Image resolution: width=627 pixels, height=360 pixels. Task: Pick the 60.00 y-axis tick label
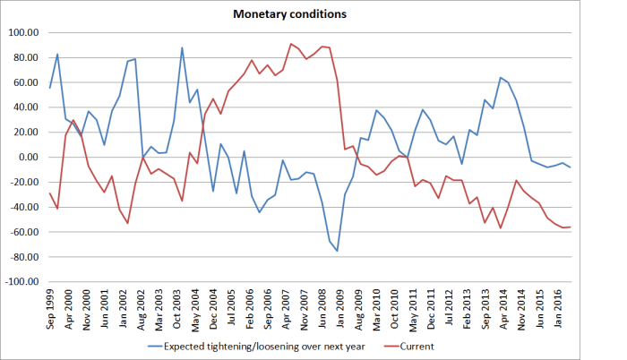[x=28, y=82]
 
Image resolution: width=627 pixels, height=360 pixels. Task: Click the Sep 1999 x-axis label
[x=50, y=307]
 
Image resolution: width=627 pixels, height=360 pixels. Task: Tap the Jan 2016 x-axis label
[x=560, y=307]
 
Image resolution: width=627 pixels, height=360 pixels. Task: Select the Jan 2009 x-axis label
[x=338, y=307]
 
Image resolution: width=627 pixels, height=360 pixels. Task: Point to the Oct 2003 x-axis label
[x=182, y=307]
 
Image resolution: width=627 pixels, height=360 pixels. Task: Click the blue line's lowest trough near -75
[x=338, y=251]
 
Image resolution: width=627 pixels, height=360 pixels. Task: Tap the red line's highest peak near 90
[x=291, y=44]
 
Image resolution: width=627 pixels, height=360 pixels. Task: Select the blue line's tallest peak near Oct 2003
[x=182, y=47]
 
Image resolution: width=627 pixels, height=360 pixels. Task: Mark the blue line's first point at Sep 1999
[x=50, y=87]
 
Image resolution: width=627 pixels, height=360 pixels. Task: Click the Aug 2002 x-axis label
[x=143, y=307]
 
